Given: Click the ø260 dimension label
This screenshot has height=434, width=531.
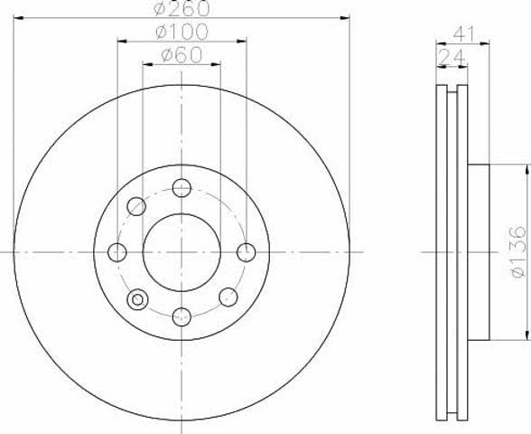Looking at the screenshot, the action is (182, 8).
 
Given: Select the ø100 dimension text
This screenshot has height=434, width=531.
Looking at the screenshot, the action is (182, 32).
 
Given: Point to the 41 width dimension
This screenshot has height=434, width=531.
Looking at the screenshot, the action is (464, 33).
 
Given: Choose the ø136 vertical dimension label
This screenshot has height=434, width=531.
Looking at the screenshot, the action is (518, 252).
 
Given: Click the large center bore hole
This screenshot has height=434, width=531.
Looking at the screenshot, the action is (182, 252).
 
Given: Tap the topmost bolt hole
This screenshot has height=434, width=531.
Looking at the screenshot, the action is (182, 187).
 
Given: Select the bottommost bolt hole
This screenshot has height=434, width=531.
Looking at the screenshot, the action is (182, 316).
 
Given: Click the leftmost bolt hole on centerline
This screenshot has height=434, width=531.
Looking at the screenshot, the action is (117, 252).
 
